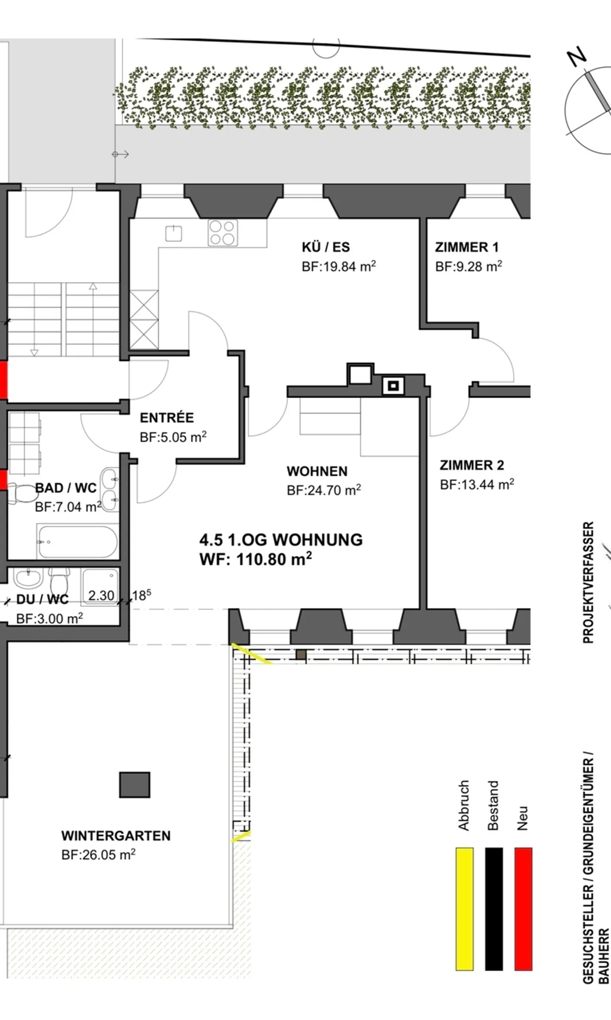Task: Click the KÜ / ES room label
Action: click(x=325, y=247)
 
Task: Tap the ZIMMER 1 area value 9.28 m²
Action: click(x=468, y=267)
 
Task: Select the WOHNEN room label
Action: click(x=317, y=471)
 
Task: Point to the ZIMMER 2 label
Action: click(x=471, y=465)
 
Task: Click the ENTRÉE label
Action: click(x=167, y=418)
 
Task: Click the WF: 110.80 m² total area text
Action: click(x=255, y=559)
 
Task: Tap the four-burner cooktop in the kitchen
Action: click(x=223, y=233)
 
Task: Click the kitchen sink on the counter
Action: click(x=174, y=233)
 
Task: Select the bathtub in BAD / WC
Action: click(x=78, y=542)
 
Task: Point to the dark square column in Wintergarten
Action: click(x=135, y=785)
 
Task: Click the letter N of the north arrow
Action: click(x=577, y=57)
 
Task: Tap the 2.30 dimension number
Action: click(x=101, y=596)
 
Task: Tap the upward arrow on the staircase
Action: click(x=93, y=287)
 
